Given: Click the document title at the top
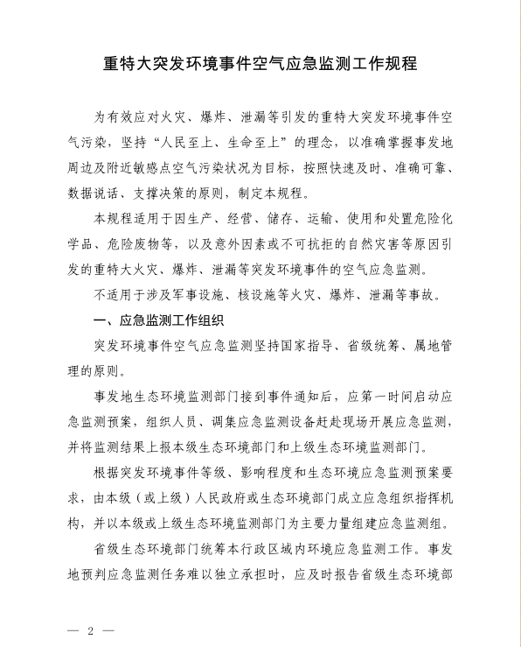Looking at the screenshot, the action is (260, 64).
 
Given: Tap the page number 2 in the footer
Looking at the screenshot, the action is (89, 630).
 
